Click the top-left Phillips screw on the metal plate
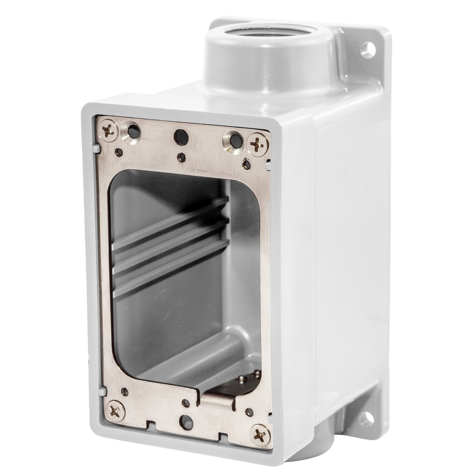pyautogui.click(x=108, y=131)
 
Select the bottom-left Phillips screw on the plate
pyautogui.click(x=114, y=410)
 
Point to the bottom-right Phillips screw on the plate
pyautogui.click(x=260, y=435)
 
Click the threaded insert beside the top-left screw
pyautogui.click(x=132, y=132)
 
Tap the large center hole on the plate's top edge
pyautogui.click(x=181, y=137)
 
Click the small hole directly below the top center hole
pyautogui.click(x=182, y=157)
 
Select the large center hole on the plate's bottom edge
pyautogui.click(x=186, y=422)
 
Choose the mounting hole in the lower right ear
pyautogui.click(x=366, y=419)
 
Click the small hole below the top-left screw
pyautogui.click(x=119, y=152)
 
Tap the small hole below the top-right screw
pyautogui.click(x=246, y=164)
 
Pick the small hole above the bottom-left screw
pyautogui.click(x=125, y=392)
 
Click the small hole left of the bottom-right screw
pyautogui.click(x=249, y=412)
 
